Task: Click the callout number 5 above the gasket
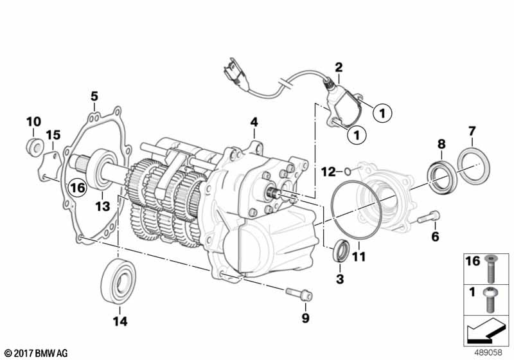pyautogui.click(x=94, y=96)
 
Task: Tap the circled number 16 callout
pyautogui.click(x=77, y=188)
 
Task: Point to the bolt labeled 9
pyautogui.click(x=299, y=294)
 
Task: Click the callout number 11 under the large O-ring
pyautogui.click(x=359, y=256)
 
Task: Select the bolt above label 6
pyautogui.click(x=429, y=217)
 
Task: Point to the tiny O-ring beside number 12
pyautogui.click(x=348, y=171)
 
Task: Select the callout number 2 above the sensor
pyautogui.click(x=339, y=67)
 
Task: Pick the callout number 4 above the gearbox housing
pyautogui.click(x=254, y=122)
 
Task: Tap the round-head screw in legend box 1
pyautogui.click(x=490, y=300)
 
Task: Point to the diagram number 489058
pyautogui.click(x=488, y=352)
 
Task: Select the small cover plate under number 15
pyautogui.click(x=49, y=165)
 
